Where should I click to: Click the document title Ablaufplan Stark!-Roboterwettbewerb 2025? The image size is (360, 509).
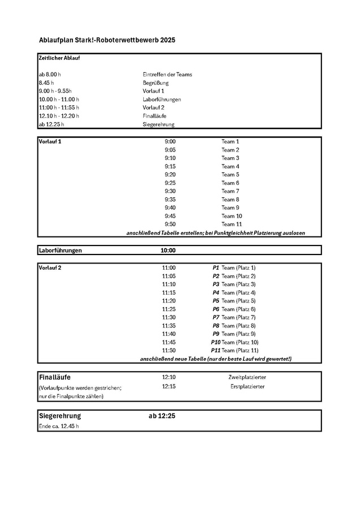tap(107, 40)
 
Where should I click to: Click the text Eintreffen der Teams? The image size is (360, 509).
tap(167, 75)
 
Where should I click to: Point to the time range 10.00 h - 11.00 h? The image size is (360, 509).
tap(59, 100)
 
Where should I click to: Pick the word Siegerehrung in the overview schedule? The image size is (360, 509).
tap(158, 124)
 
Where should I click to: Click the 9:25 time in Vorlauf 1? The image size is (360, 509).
tap(170, 183)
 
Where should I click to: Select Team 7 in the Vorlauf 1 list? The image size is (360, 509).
tap(230, 191)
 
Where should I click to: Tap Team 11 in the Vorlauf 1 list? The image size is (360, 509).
tap(232, 224)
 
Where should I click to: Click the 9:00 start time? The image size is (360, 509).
tap(170, 141)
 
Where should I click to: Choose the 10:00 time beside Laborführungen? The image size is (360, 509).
tap(168, 251)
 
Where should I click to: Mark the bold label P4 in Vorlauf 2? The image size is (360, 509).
tap(216, 292)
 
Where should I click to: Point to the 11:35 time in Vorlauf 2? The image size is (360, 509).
tap(169, 326)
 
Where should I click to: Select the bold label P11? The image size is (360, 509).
tap(215, 351)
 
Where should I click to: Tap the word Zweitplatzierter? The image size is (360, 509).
tap(247, 377)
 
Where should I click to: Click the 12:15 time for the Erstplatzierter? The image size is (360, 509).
tap(169, 386)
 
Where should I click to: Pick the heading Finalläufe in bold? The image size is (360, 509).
tap(55, 377)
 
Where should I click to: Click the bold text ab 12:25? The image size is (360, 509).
tap(162, 416)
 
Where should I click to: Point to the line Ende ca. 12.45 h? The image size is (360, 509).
tap(58, 426)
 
